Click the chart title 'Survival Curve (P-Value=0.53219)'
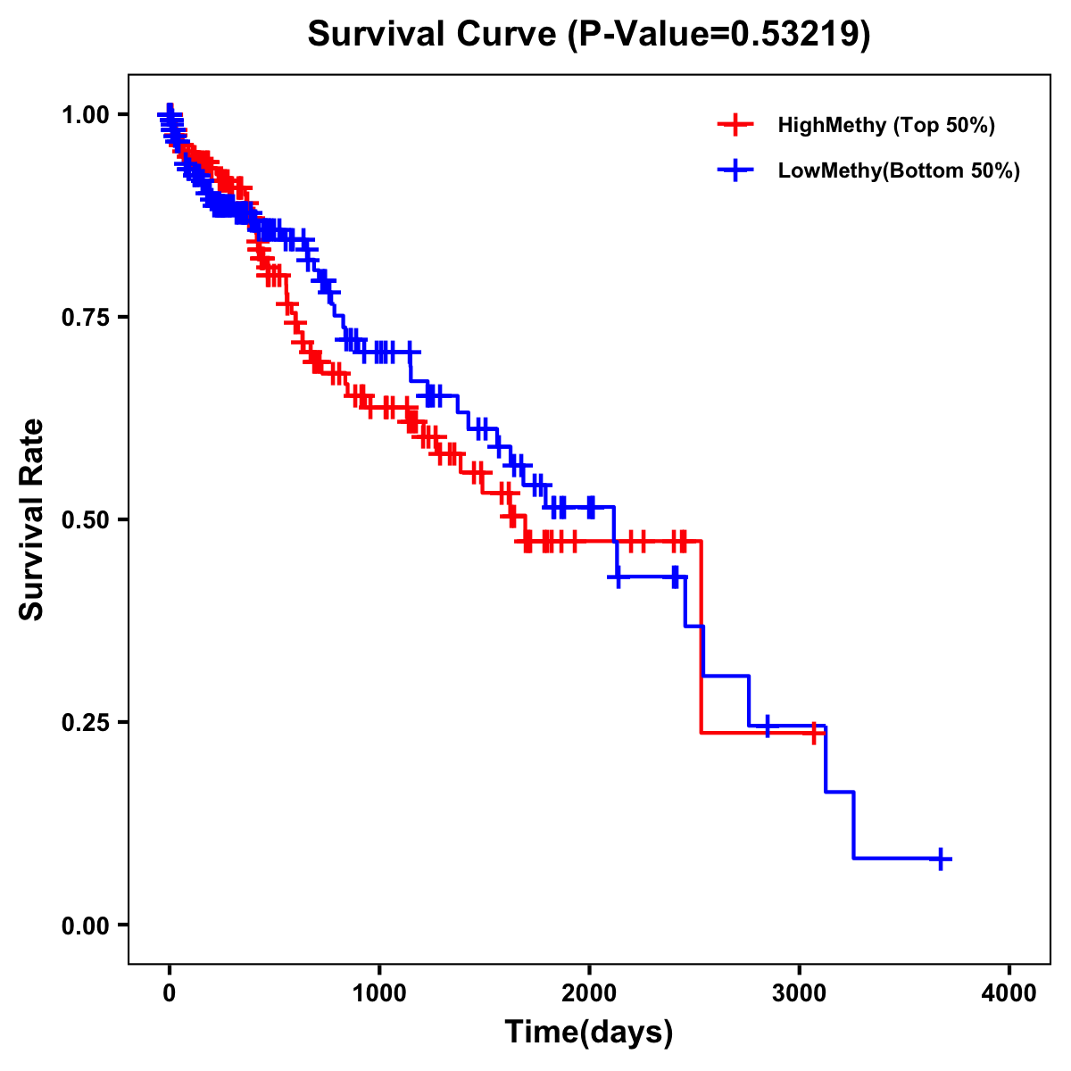(x=588, y=34)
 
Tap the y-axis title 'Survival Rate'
(x=32, y=519)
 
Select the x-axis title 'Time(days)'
(x=588, y=1033)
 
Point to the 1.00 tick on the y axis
(x=86, y=114)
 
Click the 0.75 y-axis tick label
(x=86, y=317)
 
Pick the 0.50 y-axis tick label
(x=86, y=519)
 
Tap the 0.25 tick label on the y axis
(x=86, y=722)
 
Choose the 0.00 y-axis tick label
(x=86, y=925)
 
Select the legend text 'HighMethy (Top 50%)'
(x=885, y=125)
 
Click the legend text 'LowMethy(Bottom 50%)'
(x=899, y=170)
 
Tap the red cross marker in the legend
(x=735, y=125)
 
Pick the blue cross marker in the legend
(x=735, y=170)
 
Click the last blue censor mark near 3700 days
(x=940, y=859)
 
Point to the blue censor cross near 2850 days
(x=767, y=726)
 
